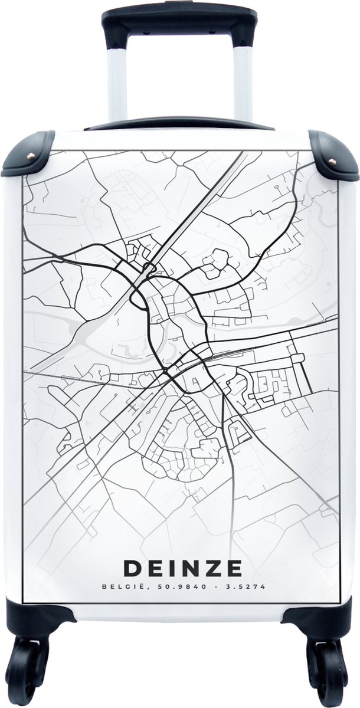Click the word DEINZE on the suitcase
point(182,568)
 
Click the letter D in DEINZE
point(132,568)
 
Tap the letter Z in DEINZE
point(212,568)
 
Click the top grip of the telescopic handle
point(179,20)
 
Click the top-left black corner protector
point(27,155)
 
